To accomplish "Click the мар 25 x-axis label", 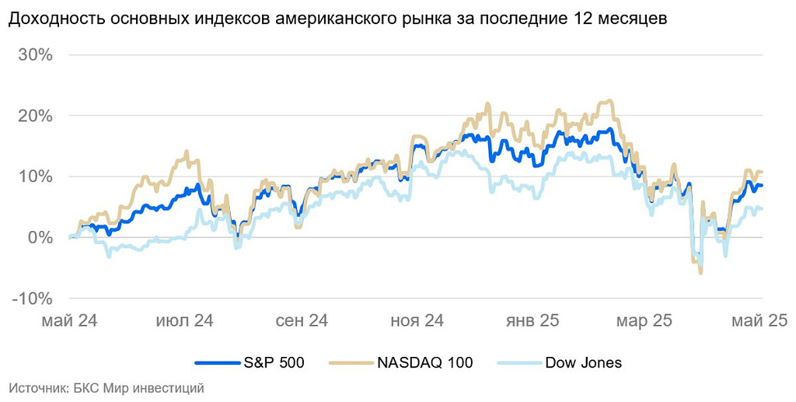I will pyautogui.click(x=644, y=320).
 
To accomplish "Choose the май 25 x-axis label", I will pyautogui.click(x=758, y=320).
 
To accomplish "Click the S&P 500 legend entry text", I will pyautogui.click(x=271, y=363).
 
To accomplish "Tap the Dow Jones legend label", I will pyautogui.click(x=583, y=363).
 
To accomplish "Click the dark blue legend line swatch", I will pyautogui.click(x=215, y=363).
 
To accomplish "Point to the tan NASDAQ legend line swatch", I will pyautogui.click(x=351, y=363).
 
